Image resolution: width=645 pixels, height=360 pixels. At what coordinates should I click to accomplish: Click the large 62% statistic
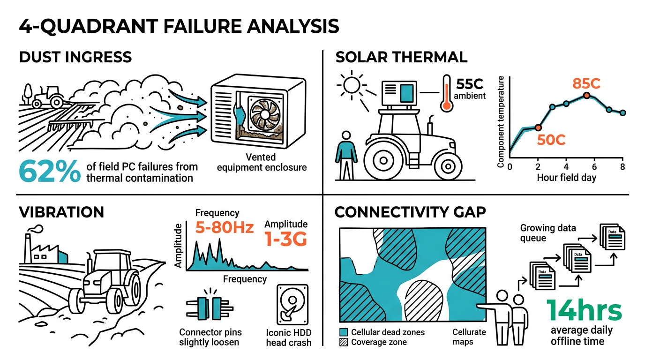[49, 172]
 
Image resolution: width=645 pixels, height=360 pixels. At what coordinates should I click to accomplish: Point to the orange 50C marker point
[538, 127]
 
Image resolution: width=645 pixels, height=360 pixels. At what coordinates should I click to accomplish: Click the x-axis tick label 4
[566, 167]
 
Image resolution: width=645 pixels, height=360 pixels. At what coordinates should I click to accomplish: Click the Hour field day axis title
[566, 178]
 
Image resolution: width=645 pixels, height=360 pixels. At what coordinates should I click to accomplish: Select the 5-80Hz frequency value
[224, 228]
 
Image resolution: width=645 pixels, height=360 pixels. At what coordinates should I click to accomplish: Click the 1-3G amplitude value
[286, 240]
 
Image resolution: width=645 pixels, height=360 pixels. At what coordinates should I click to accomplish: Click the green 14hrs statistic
[584, 311]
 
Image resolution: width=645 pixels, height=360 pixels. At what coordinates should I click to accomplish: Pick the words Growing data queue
[548, 233]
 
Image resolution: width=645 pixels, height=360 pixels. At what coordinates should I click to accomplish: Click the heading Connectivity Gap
[410, 212]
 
